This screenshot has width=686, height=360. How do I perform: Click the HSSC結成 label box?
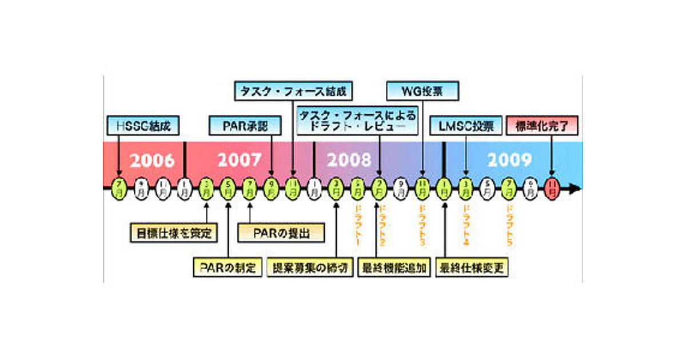(139, 125)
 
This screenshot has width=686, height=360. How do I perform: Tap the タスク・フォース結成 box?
(293, 90)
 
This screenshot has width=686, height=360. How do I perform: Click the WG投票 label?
(422, 90)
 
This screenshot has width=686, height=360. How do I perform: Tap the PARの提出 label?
(281, 233)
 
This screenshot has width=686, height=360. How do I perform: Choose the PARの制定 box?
(227, 267)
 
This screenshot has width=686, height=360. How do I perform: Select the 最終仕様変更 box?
(472, 267)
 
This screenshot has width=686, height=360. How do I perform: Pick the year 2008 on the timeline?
(349, 161)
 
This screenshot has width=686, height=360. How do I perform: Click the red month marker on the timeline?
(552, 187)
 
